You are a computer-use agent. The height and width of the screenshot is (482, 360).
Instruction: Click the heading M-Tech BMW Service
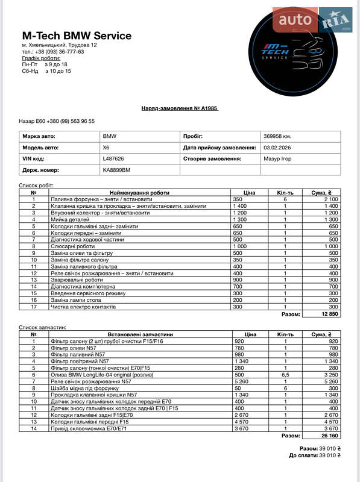[77, 36]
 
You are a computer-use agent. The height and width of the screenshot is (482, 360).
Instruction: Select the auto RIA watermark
[311, 20]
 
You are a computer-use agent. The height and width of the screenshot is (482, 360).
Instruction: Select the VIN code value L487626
[113, 159]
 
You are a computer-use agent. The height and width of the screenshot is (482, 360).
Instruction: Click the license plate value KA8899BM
[116, 171]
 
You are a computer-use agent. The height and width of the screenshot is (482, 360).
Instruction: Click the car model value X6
[107, 148]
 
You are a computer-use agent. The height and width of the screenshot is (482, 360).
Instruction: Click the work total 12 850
[328, 314]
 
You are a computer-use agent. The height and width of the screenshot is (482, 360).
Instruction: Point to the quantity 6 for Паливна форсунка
[285, 199]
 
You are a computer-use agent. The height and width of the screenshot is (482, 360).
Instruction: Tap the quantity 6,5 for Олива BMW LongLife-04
[285, 374]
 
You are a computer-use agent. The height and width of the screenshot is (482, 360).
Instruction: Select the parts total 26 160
[328, 435]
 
